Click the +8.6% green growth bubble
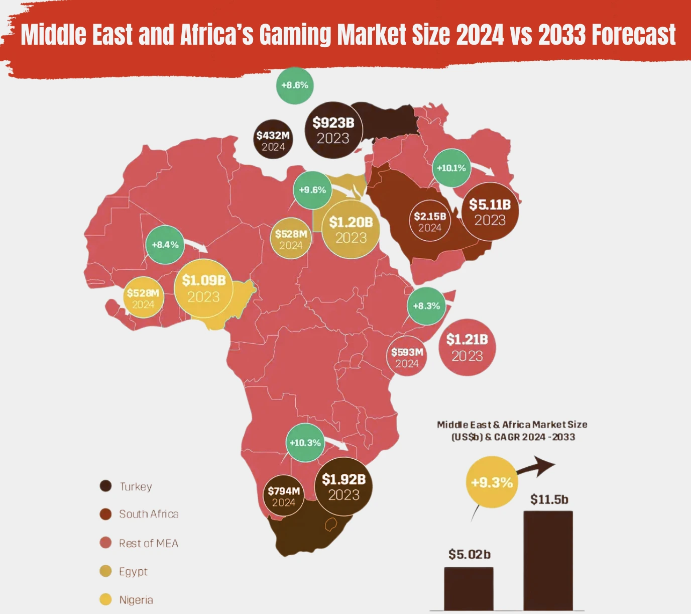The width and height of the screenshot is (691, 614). tap(295, 85)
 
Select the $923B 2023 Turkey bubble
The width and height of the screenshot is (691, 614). tap(333, 130)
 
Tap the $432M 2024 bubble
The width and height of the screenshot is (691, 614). tap(273, 140)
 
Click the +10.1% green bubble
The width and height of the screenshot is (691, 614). tap(451, 168)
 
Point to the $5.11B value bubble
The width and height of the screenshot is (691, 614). tap(490, 212)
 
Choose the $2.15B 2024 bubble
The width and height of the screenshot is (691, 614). tap(430, 222)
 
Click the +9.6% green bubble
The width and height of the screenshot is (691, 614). tap(312, 190)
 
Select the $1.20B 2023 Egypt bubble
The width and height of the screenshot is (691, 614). tap(351, 229)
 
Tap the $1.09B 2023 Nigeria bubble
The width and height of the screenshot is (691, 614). tap(203, 288)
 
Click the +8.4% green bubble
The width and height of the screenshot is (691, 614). tap(165, 245)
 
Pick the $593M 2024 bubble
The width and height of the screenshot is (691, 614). tap(407, 357)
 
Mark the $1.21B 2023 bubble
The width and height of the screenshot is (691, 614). tap(467, 347)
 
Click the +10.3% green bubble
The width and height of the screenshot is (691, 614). tap(305, 443)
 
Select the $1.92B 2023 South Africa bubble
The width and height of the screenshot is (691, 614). tap(343, 486)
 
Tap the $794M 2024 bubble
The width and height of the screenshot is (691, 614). tap(284, 496)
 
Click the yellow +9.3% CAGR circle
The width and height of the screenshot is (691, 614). tap(492, 483)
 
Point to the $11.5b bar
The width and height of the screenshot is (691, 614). tap(548, 560)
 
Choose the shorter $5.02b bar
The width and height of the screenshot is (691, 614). tap(469, 588)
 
